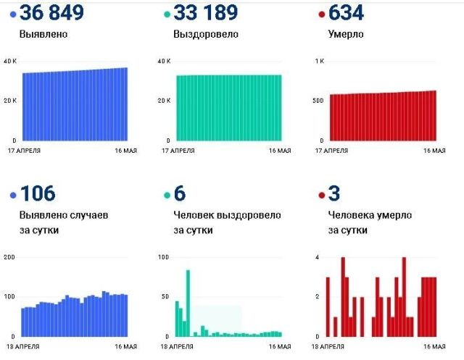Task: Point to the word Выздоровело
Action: click(x=206, y=34)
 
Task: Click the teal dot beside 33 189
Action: click(x=167, y=14)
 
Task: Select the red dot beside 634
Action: click(x=322, y=14)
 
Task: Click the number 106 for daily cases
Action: click(x=38, y=194)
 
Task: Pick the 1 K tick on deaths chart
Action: click(x=318, y=61)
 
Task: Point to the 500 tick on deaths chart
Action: click(x=316, y=100)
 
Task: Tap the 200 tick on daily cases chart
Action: click(x=9, y=258)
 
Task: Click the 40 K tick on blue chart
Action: click(x=9, y=61)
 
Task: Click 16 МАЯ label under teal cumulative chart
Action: click(x=279, y=151)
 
